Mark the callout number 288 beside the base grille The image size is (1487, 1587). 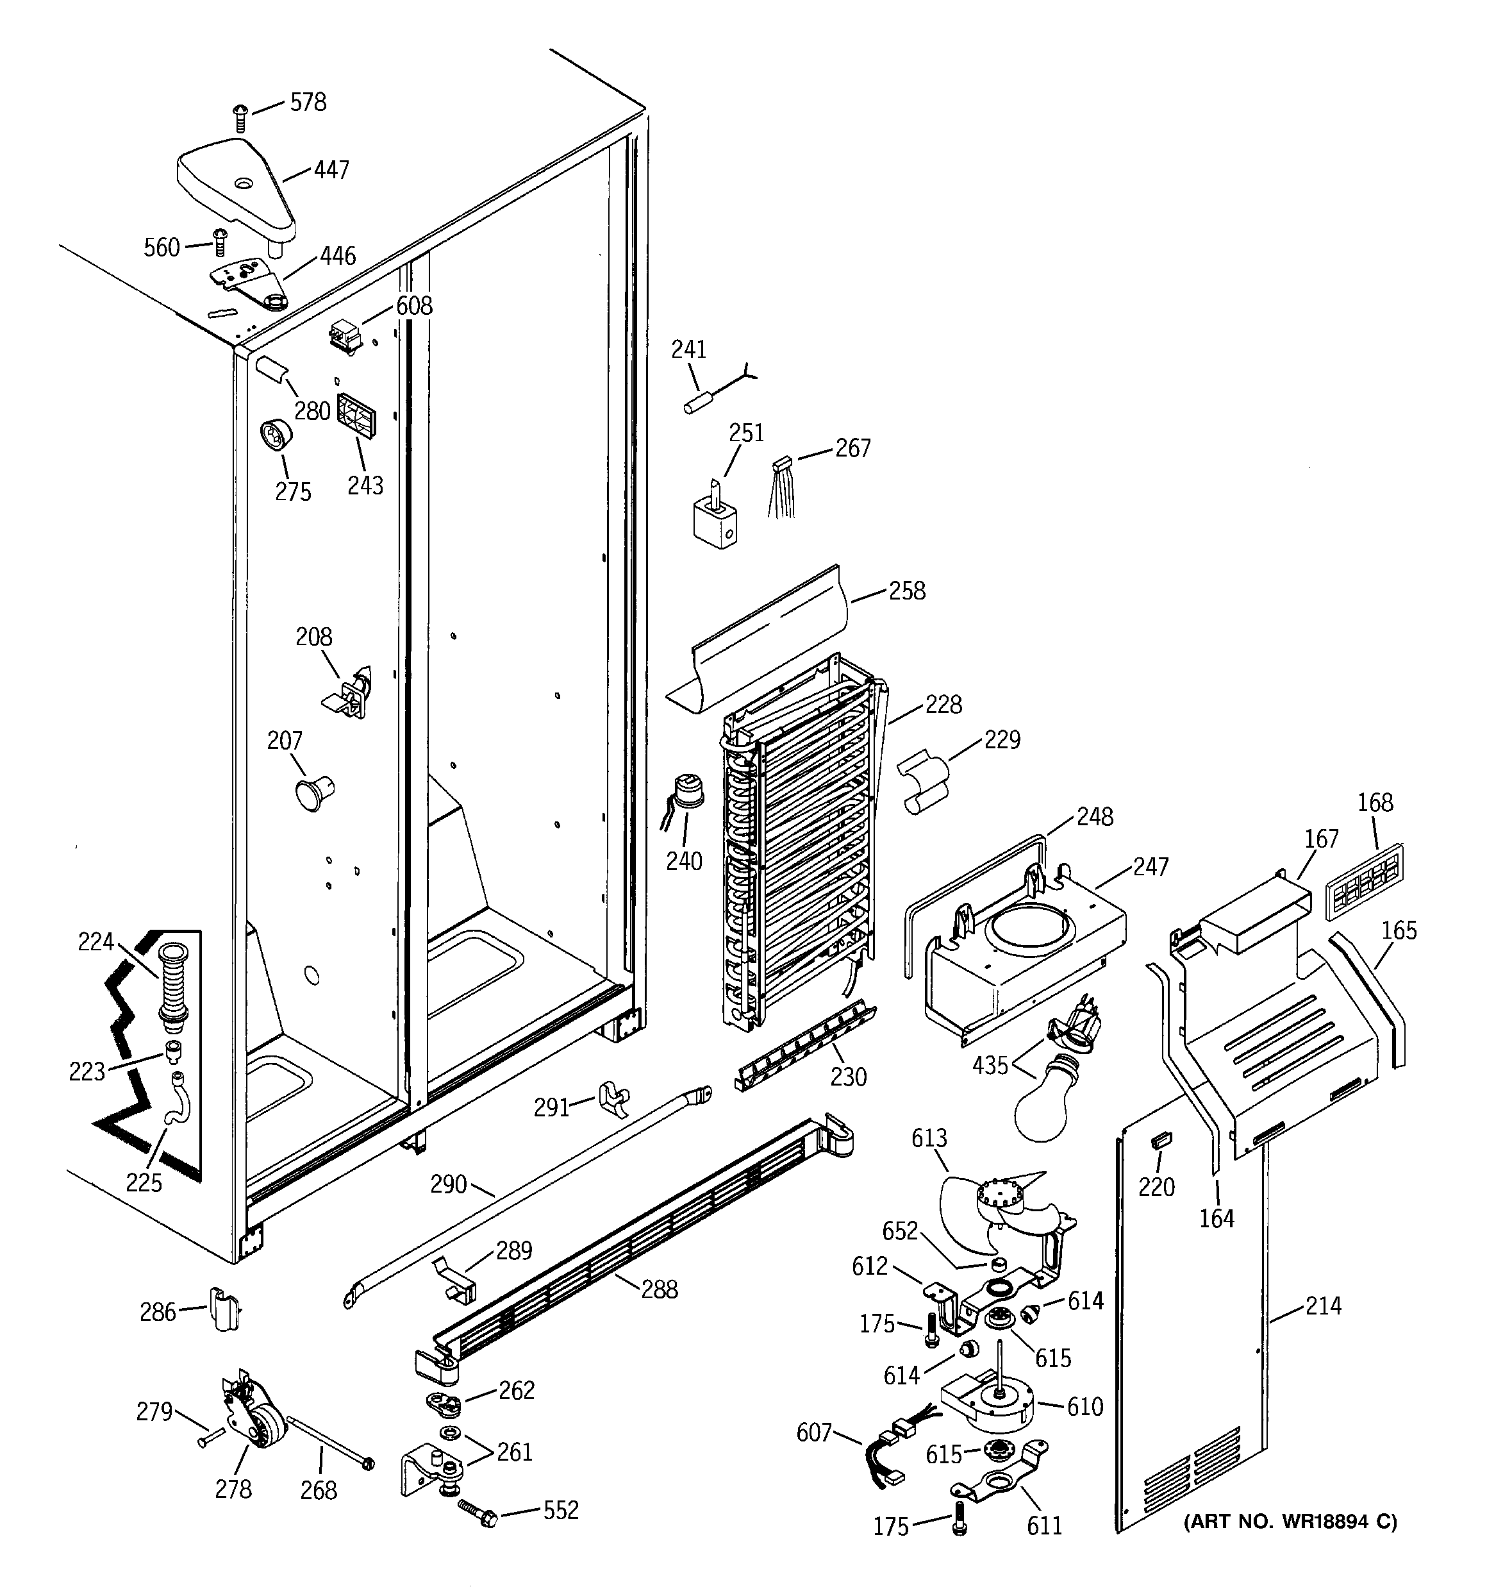point(660,1289)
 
